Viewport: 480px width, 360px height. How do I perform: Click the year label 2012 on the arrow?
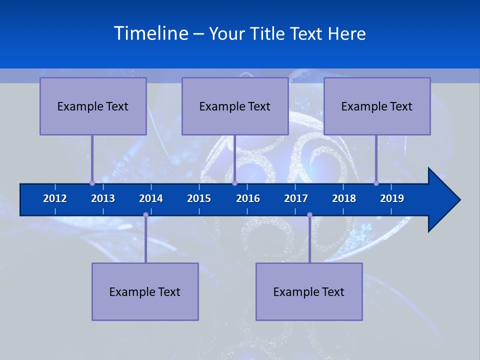(55, 198)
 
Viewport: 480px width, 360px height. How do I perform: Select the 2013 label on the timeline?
(103, 198)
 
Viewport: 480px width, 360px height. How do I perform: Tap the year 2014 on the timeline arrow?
(151, 198)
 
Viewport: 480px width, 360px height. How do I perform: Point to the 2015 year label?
(199, 198)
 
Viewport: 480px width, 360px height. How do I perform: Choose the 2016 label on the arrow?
(248, 198)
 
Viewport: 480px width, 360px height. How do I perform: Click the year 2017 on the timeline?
(296, 198)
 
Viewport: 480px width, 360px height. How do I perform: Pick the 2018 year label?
(344, 198)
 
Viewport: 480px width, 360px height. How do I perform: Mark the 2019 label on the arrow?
(392, 198)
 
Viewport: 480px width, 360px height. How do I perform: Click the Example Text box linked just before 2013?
(93, 106)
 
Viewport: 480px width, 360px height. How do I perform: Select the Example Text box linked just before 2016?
(235, 106)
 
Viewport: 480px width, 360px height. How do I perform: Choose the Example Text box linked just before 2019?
(377, 106)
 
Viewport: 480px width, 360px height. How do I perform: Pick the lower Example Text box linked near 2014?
(145, 292)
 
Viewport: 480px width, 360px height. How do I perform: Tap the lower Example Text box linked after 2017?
(309, 292)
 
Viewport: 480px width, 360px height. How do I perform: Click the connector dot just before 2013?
(92, 183)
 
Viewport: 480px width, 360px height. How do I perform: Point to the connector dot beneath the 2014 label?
(145, 215)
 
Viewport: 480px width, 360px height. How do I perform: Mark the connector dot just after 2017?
(309, 215)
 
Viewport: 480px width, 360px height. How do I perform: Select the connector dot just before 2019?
(376, 183)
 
